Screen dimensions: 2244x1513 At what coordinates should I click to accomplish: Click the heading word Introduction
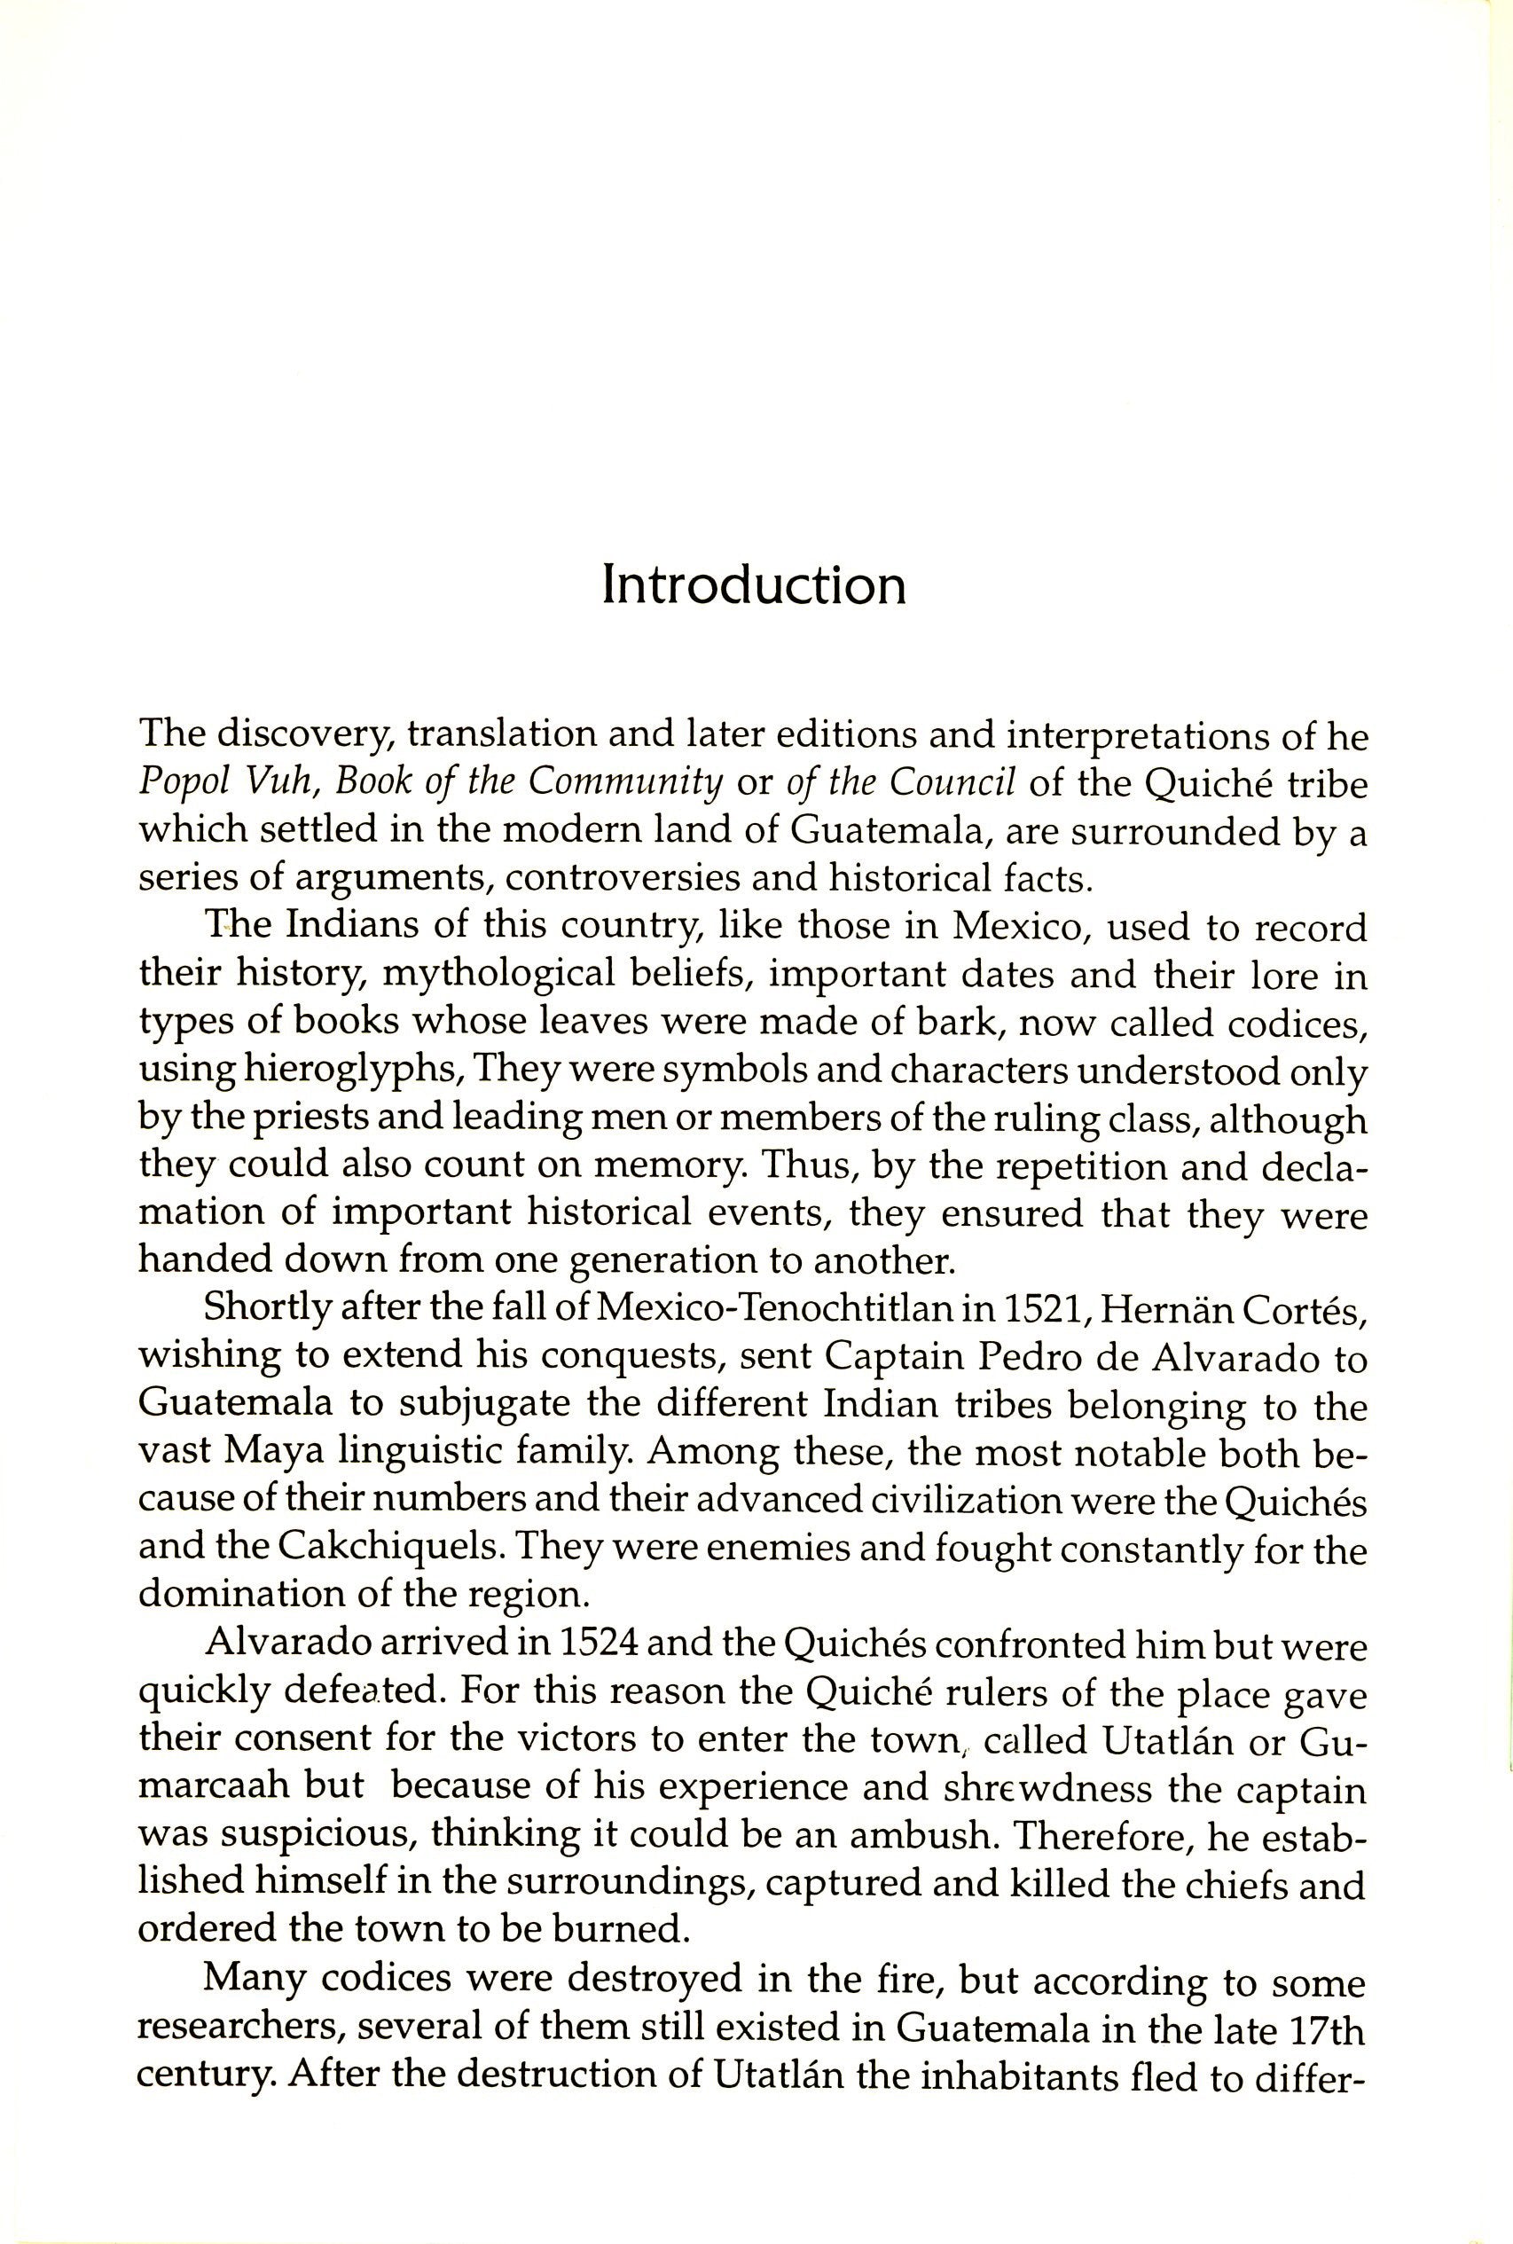point(754,585)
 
